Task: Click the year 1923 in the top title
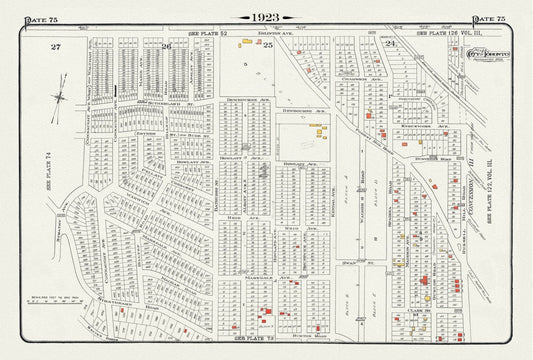tap(266, 17)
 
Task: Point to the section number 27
tap(57, 47)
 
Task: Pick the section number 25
tap(267, 47)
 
